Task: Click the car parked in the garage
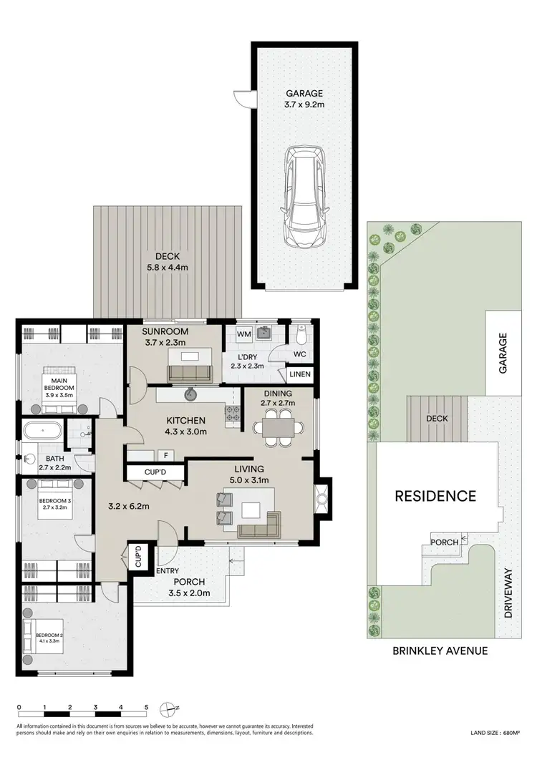pyautogui.click(x=304, y=197)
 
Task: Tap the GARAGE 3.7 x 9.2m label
pyautogui.click(x=304, y=99)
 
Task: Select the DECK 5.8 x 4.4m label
pyautogui.click(x=169, y=262)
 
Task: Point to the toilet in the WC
pyautogui.click(x=301, y=335)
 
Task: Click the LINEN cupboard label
pyautogui.click(x=299, y=374)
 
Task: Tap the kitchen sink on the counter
pyautogui.click(x=191, y=394)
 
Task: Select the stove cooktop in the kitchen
pyautogui.click(x=233, y=413)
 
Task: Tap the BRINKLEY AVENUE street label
pyautogui.click(x=440, y=651)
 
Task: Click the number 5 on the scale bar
pyautogui.click(x=146, y=707)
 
